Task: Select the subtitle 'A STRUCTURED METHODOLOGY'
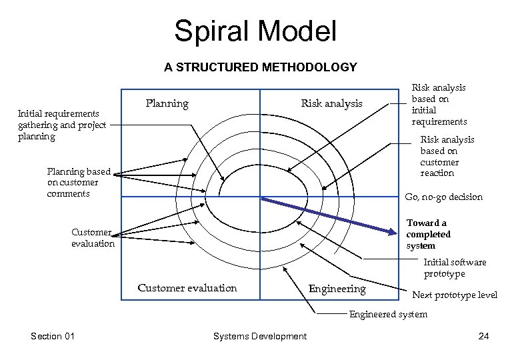click(260, 67)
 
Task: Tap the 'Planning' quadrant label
click(167, 104)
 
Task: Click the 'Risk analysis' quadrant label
click(331, 103)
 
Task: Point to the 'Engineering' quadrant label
click(337, 289)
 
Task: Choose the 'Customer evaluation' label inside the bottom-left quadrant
click(187, 288)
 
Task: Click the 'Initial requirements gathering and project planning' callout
click(62, 125)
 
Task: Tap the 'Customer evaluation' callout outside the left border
click(93, 238)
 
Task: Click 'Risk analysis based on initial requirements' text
click(439, 105)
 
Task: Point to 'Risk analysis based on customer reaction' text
click(447, 156)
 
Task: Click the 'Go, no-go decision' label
click(443, 197)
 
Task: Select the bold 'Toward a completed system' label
click(429, 234)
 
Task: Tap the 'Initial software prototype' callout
click(455, 268)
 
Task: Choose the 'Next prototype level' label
click(455, 295)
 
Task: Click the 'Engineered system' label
click(389, 314)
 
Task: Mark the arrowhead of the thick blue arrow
click(393, 231)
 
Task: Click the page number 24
click(483, 336)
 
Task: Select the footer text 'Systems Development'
click(259, 336)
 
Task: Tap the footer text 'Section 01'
click(52, 336)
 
